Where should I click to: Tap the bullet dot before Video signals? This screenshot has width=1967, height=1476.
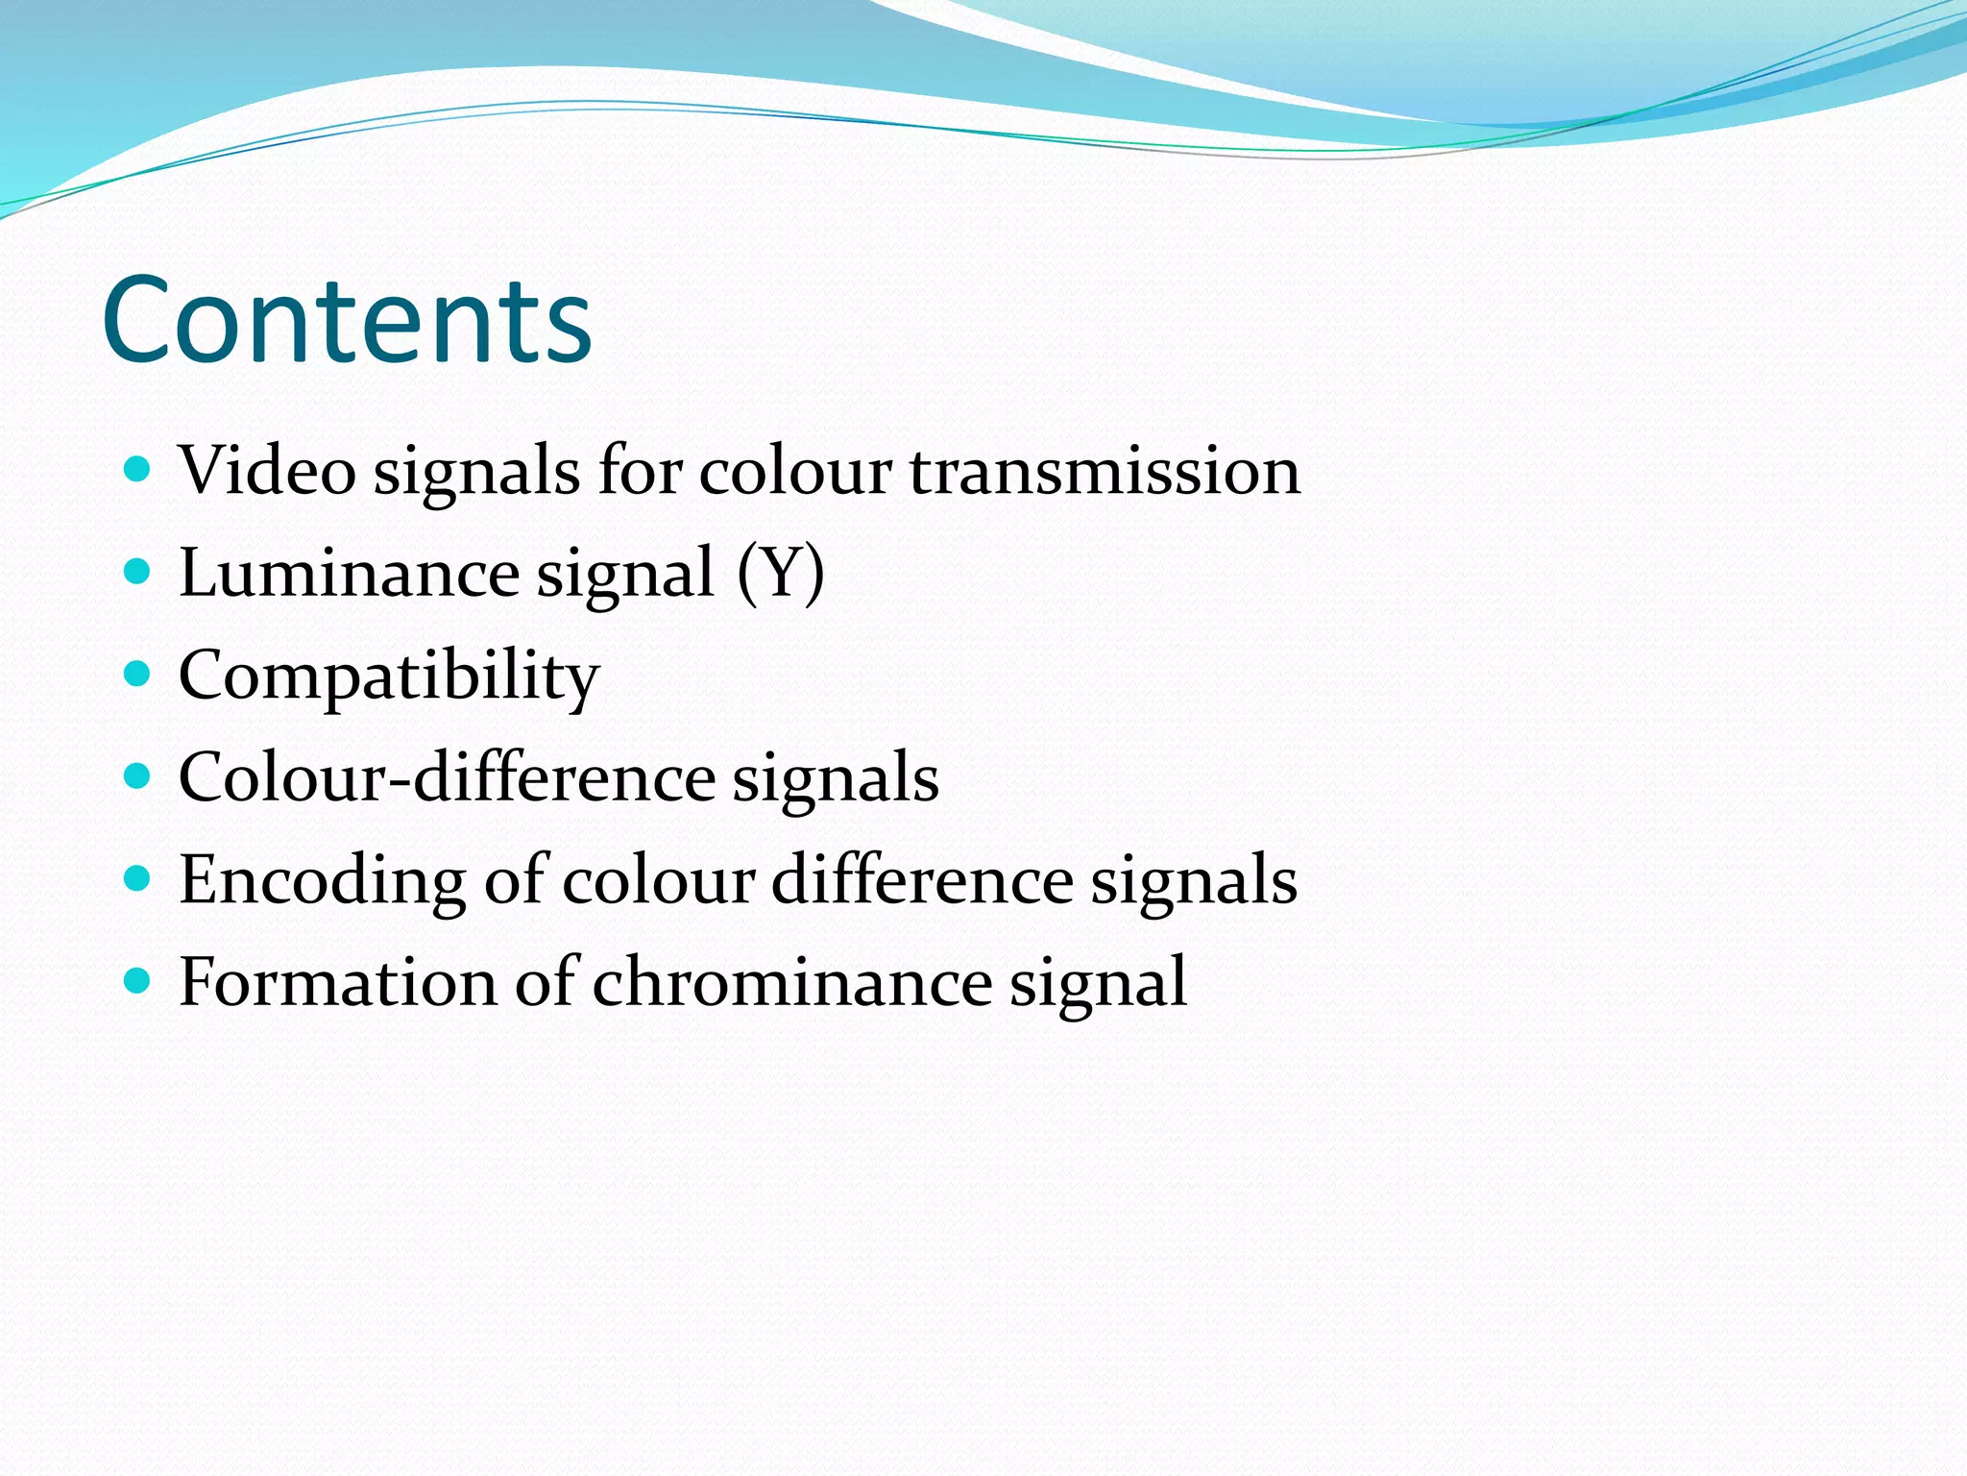click(138, 470)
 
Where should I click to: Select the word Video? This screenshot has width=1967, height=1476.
click(267, 472)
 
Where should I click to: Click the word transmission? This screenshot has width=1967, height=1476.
click(1105, 472)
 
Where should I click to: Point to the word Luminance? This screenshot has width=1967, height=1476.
click(349, 574)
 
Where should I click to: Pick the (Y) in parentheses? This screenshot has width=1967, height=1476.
click(781, 574)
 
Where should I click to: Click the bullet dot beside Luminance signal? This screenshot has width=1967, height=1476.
click(138, 573)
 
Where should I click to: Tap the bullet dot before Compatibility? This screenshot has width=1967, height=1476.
click(138, 675)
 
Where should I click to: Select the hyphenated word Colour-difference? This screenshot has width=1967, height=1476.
click(447, 777)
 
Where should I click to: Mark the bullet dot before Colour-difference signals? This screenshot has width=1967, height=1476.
click(138, 776)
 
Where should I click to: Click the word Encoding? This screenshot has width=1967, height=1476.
click(322, 880)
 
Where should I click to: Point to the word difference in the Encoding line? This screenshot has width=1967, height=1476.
click(922, 880)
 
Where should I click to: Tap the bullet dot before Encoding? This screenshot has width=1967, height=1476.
click(138, 879)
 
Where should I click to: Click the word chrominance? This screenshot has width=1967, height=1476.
click(791, 982)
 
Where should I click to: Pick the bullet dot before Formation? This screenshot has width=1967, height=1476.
click(138, 981)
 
